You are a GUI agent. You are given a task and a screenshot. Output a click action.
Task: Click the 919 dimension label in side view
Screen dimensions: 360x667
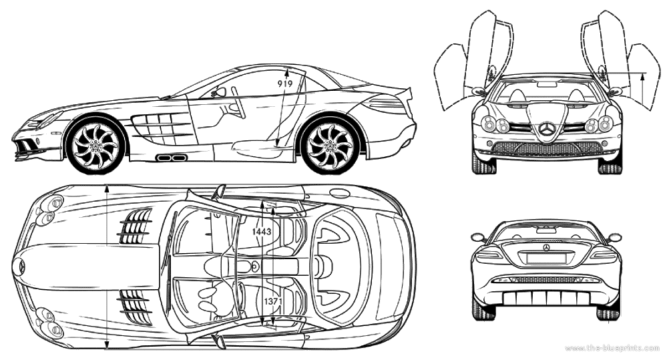click(285, 84)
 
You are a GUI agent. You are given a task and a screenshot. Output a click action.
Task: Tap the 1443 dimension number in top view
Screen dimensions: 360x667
click(261, 231)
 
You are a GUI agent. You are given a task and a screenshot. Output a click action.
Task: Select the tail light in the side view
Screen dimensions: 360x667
click(386, 104)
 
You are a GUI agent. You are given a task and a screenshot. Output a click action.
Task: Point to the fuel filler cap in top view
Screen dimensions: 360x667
click(340, 194)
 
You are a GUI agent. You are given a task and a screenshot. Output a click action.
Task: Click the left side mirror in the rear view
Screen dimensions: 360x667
click(477, 237)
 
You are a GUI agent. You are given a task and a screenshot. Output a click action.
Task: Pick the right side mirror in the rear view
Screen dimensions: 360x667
click(614, 237)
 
